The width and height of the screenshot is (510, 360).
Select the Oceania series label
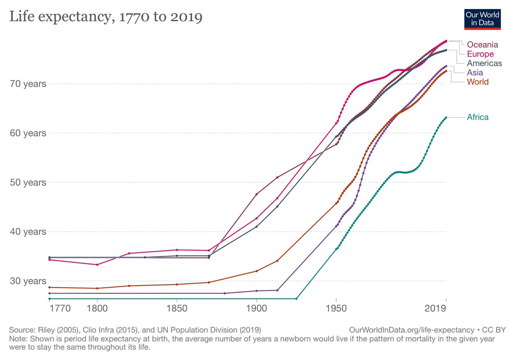[482, 45]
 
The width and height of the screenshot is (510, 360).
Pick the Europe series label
[480, 54]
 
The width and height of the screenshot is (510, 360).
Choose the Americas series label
[484, 63]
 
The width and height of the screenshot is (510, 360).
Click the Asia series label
[475, 73]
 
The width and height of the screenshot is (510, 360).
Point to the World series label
[478, 82]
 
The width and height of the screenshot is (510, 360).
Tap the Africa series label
[478, 117]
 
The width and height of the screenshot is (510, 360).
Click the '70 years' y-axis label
[28, 84]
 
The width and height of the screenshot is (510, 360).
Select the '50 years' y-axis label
[28, 182]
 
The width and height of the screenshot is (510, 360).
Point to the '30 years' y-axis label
[28, 281]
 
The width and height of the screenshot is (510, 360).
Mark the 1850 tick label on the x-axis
[177, 308]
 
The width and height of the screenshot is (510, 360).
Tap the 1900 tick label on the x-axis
[256, 308]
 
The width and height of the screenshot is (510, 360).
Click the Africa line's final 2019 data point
[446, 117]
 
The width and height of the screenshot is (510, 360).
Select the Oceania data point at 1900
[256, 194]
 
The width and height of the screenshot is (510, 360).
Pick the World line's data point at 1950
[336, 203]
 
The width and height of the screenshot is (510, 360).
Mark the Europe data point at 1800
[97, 265]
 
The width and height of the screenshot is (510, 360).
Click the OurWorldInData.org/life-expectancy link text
[411, 330]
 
